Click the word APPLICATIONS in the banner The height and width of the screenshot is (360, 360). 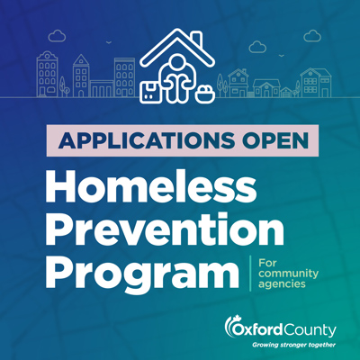tap(146, 140)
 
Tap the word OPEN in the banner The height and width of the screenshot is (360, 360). tap(275, 140)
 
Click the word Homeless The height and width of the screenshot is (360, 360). tap(151, 187)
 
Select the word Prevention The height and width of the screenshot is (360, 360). tap(165, 228)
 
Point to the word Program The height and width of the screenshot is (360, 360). tap(142, 272)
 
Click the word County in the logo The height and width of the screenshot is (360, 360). tap(310, 331)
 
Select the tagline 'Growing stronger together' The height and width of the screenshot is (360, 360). tap(293, 345)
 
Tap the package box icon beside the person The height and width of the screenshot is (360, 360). tap(150, 91)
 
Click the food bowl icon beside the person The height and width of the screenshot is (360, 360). tap(205, 94)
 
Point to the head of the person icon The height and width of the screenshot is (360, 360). tap(177, 62)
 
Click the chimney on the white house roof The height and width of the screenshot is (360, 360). tap(196, 39)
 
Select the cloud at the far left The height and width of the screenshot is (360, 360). tap(57, 36)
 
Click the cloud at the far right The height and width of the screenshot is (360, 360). tap(312, 36)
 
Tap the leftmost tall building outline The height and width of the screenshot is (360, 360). tap(47, 74)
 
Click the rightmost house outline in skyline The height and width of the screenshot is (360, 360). tap(316, 83)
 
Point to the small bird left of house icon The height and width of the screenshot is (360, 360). tap(109, 42)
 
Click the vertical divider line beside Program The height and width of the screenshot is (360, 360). tap(250, 274)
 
